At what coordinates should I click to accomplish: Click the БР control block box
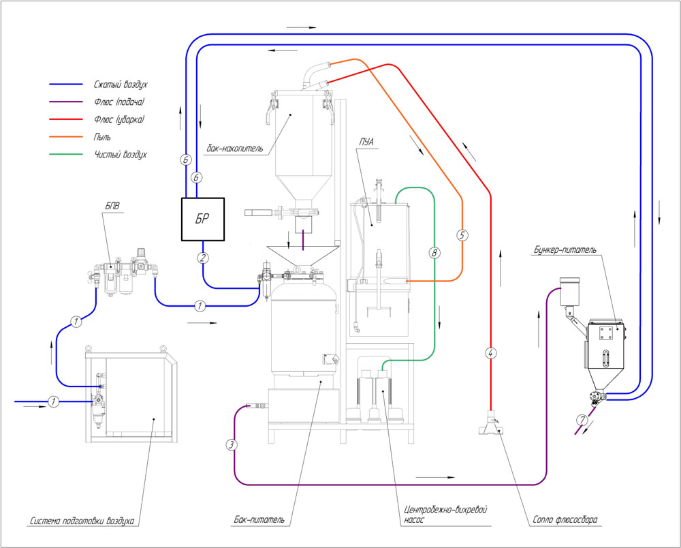[203, 219]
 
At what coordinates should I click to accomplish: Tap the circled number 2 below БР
[203, 258]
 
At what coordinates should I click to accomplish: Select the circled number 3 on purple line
[232, 444]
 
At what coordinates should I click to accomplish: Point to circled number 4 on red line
[490, 353]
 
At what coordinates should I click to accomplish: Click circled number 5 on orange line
[462, 235]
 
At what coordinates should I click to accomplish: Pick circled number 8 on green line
[434, 252]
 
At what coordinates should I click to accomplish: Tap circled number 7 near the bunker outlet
[582, 421]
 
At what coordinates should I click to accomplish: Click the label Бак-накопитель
[235, 149]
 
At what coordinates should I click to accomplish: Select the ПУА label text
[366, 142]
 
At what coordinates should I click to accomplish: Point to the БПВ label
[112, 206]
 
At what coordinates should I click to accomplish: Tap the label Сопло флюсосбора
[565, 519]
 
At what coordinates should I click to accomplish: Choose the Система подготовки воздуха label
[82, 521]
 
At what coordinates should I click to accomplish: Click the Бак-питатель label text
[259, 519]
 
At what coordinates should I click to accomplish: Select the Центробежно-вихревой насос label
[445, 514]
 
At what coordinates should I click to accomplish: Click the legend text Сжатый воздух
[121, 85]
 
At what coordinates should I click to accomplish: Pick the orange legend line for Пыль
[66, 137]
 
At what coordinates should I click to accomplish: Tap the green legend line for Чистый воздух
[66, 154]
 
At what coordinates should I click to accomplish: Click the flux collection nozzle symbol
[490, 423]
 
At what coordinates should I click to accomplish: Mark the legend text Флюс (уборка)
[119, 119]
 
